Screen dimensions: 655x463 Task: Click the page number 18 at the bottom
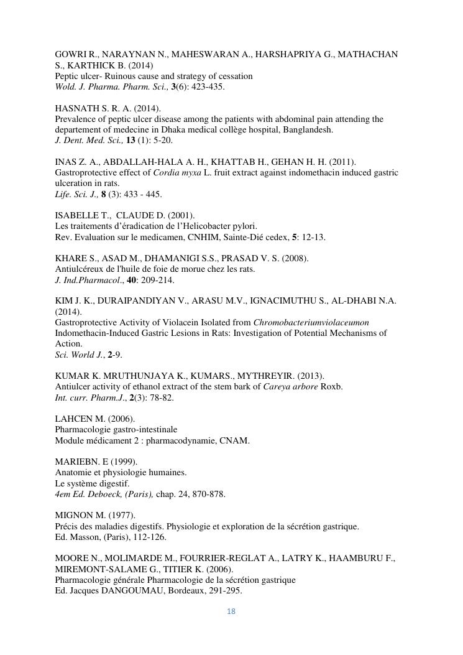[x=231, y=611]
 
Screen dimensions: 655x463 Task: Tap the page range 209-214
[x=158, y=280]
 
